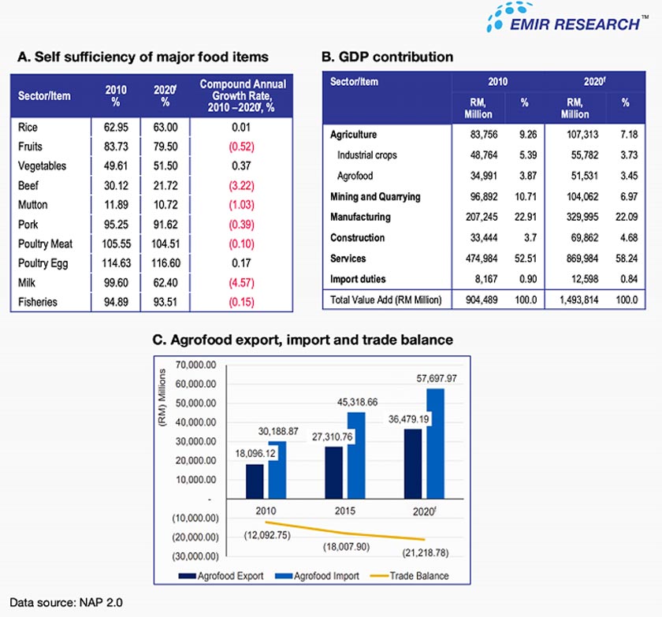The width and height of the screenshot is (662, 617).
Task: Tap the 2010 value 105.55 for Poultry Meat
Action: (116, 243)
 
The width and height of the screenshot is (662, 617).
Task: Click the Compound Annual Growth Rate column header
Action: (243, 95)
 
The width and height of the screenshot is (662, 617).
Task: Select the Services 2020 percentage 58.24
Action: (625, 258)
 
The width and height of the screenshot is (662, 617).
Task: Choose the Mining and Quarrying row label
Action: (375, 196)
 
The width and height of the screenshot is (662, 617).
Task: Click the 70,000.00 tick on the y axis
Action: (191, 365)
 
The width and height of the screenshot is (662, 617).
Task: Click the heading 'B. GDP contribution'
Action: (387, 57)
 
